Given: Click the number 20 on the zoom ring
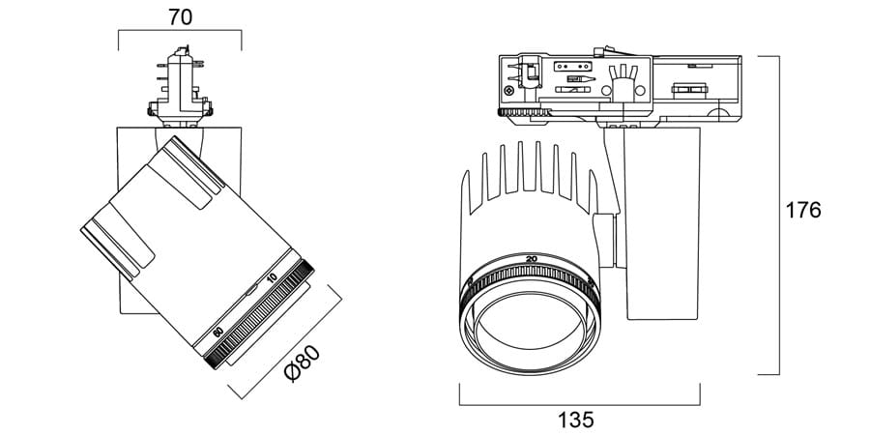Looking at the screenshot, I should click(x=531, y=259).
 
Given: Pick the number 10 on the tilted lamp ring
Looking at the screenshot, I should click(x=272, y=278).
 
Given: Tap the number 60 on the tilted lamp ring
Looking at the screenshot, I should click(x=218, y=332).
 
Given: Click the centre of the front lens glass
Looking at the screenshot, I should click(x=530, y=329).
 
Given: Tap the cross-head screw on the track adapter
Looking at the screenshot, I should click(x=509, y=90).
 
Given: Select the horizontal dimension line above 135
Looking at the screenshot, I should click(x=579, y=405).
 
